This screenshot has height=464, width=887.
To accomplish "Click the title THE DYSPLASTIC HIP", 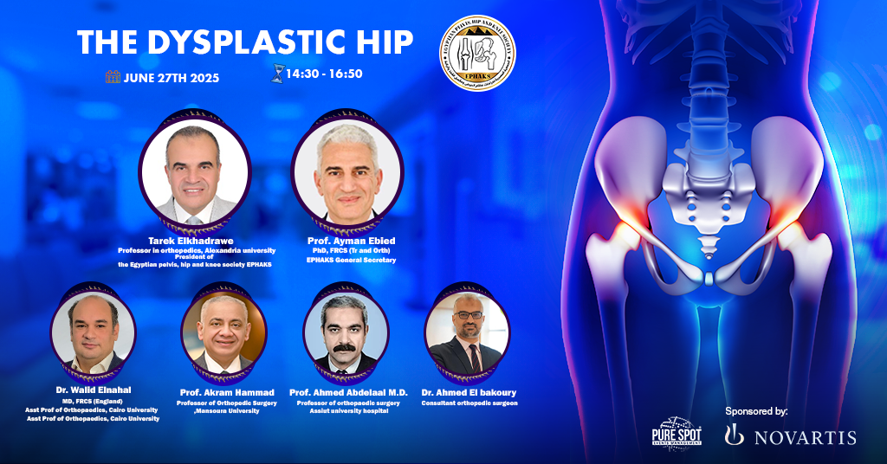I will pyautogui.click(x=245, y=42).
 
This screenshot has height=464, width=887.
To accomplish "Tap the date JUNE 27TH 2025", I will pyautogui.click(x=170, y=78).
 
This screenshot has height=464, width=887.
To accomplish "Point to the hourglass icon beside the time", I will pyautogui.click(x=276, y=74).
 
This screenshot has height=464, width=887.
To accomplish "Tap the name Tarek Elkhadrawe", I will pyautogui.click(x=195, y=241).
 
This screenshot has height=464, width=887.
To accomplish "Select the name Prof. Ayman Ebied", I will pyautogui.click(x=351, y=241).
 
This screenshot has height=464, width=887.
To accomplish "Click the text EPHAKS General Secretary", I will pyautogui.click(x=351, y=260).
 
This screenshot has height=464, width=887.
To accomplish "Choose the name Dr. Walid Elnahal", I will pyautogui.click(x=93, y=391).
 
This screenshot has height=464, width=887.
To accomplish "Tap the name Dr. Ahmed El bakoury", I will pyautogui.click(x=468, y=392).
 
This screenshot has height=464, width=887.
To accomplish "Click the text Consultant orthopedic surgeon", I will pyautogui.click(x=469, y=403).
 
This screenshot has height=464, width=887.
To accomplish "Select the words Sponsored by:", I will pyautogui.click(x=757, y=411).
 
